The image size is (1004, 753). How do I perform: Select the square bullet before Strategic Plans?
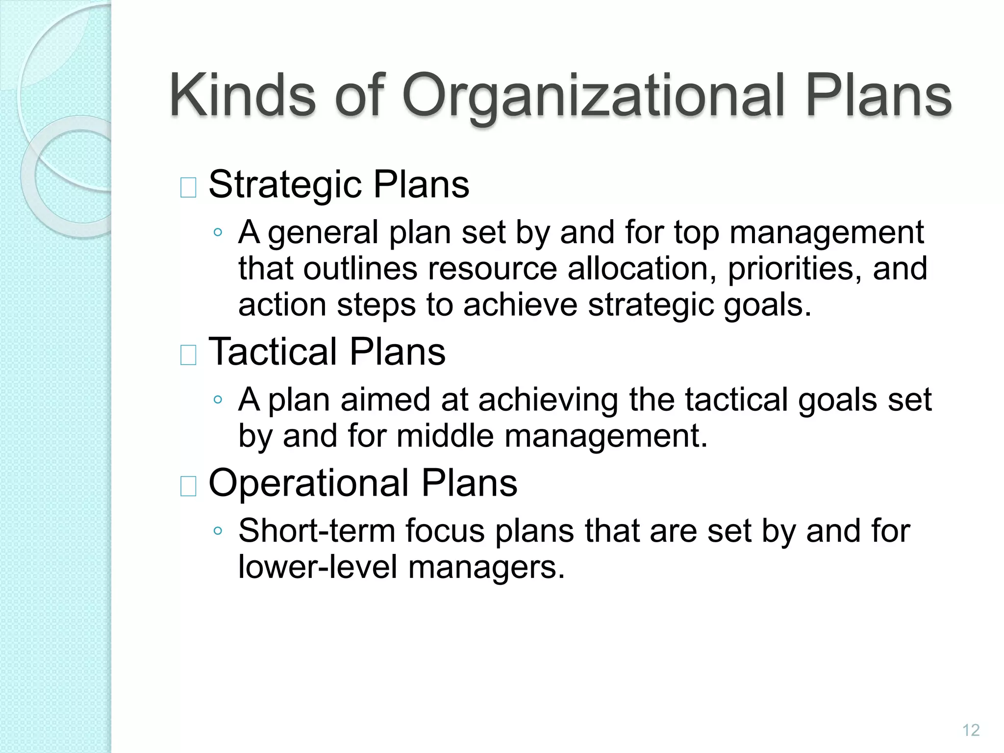[189, 187]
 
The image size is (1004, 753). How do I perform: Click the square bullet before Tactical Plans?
[189, 355]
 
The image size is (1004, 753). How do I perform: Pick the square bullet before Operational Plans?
[189, 486]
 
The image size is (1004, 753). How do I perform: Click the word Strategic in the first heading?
[285, 185]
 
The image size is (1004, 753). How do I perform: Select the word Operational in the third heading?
[309, 483]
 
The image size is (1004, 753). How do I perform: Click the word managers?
[486, 568]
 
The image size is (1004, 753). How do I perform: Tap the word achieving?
[548, 400]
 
